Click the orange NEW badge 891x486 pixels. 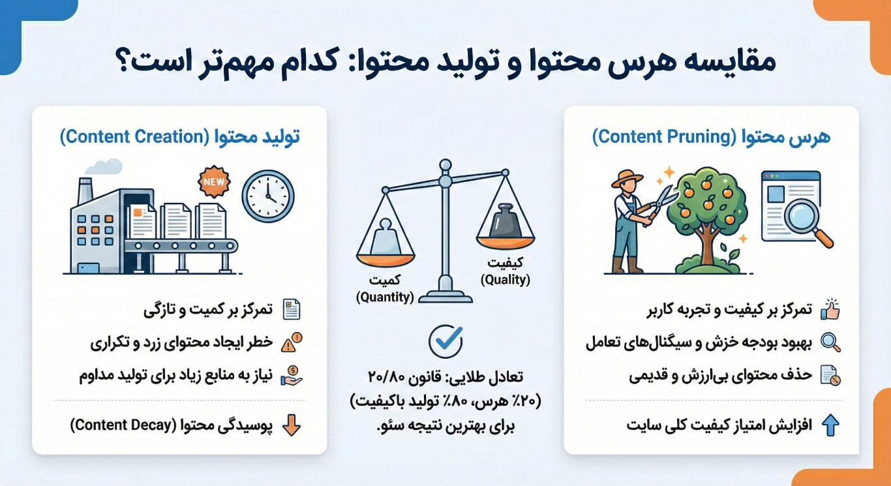point(214,182)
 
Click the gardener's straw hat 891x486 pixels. point(627,179)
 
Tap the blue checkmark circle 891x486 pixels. point(446,341)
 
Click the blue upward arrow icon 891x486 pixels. point(830,425)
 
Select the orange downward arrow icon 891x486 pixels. point(292,425)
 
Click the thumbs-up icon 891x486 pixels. point(830,309)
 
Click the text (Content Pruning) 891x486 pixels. point(665,137)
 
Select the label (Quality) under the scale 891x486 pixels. point(506,280)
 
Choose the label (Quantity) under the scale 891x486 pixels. point(385,297)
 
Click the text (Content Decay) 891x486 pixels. point(123,425)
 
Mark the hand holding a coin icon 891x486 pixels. point(292,376)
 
